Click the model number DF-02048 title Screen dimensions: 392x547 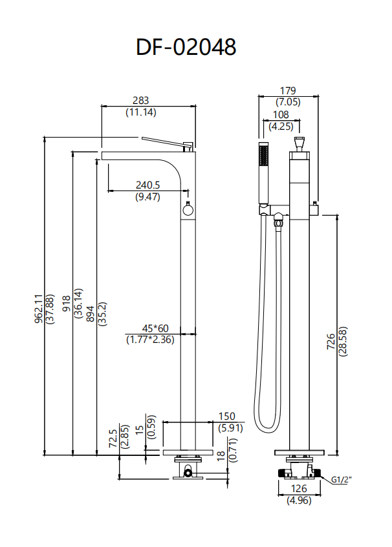(x=186, y=47)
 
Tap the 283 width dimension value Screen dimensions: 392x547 (x=141, y=101)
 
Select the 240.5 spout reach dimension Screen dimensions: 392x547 (x=147, y=185)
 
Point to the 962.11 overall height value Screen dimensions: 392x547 (x=38, y=309)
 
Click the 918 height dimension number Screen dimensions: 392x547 (x=66, y=304)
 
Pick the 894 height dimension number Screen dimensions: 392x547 (x=90, y=314)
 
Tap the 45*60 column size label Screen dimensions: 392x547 (x=155, y=328)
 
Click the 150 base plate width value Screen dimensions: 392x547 (x=227, y=416)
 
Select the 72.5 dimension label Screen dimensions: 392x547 (x=113, y=439)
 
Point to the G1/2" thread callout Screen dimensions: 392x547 (x=342, y=480)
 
